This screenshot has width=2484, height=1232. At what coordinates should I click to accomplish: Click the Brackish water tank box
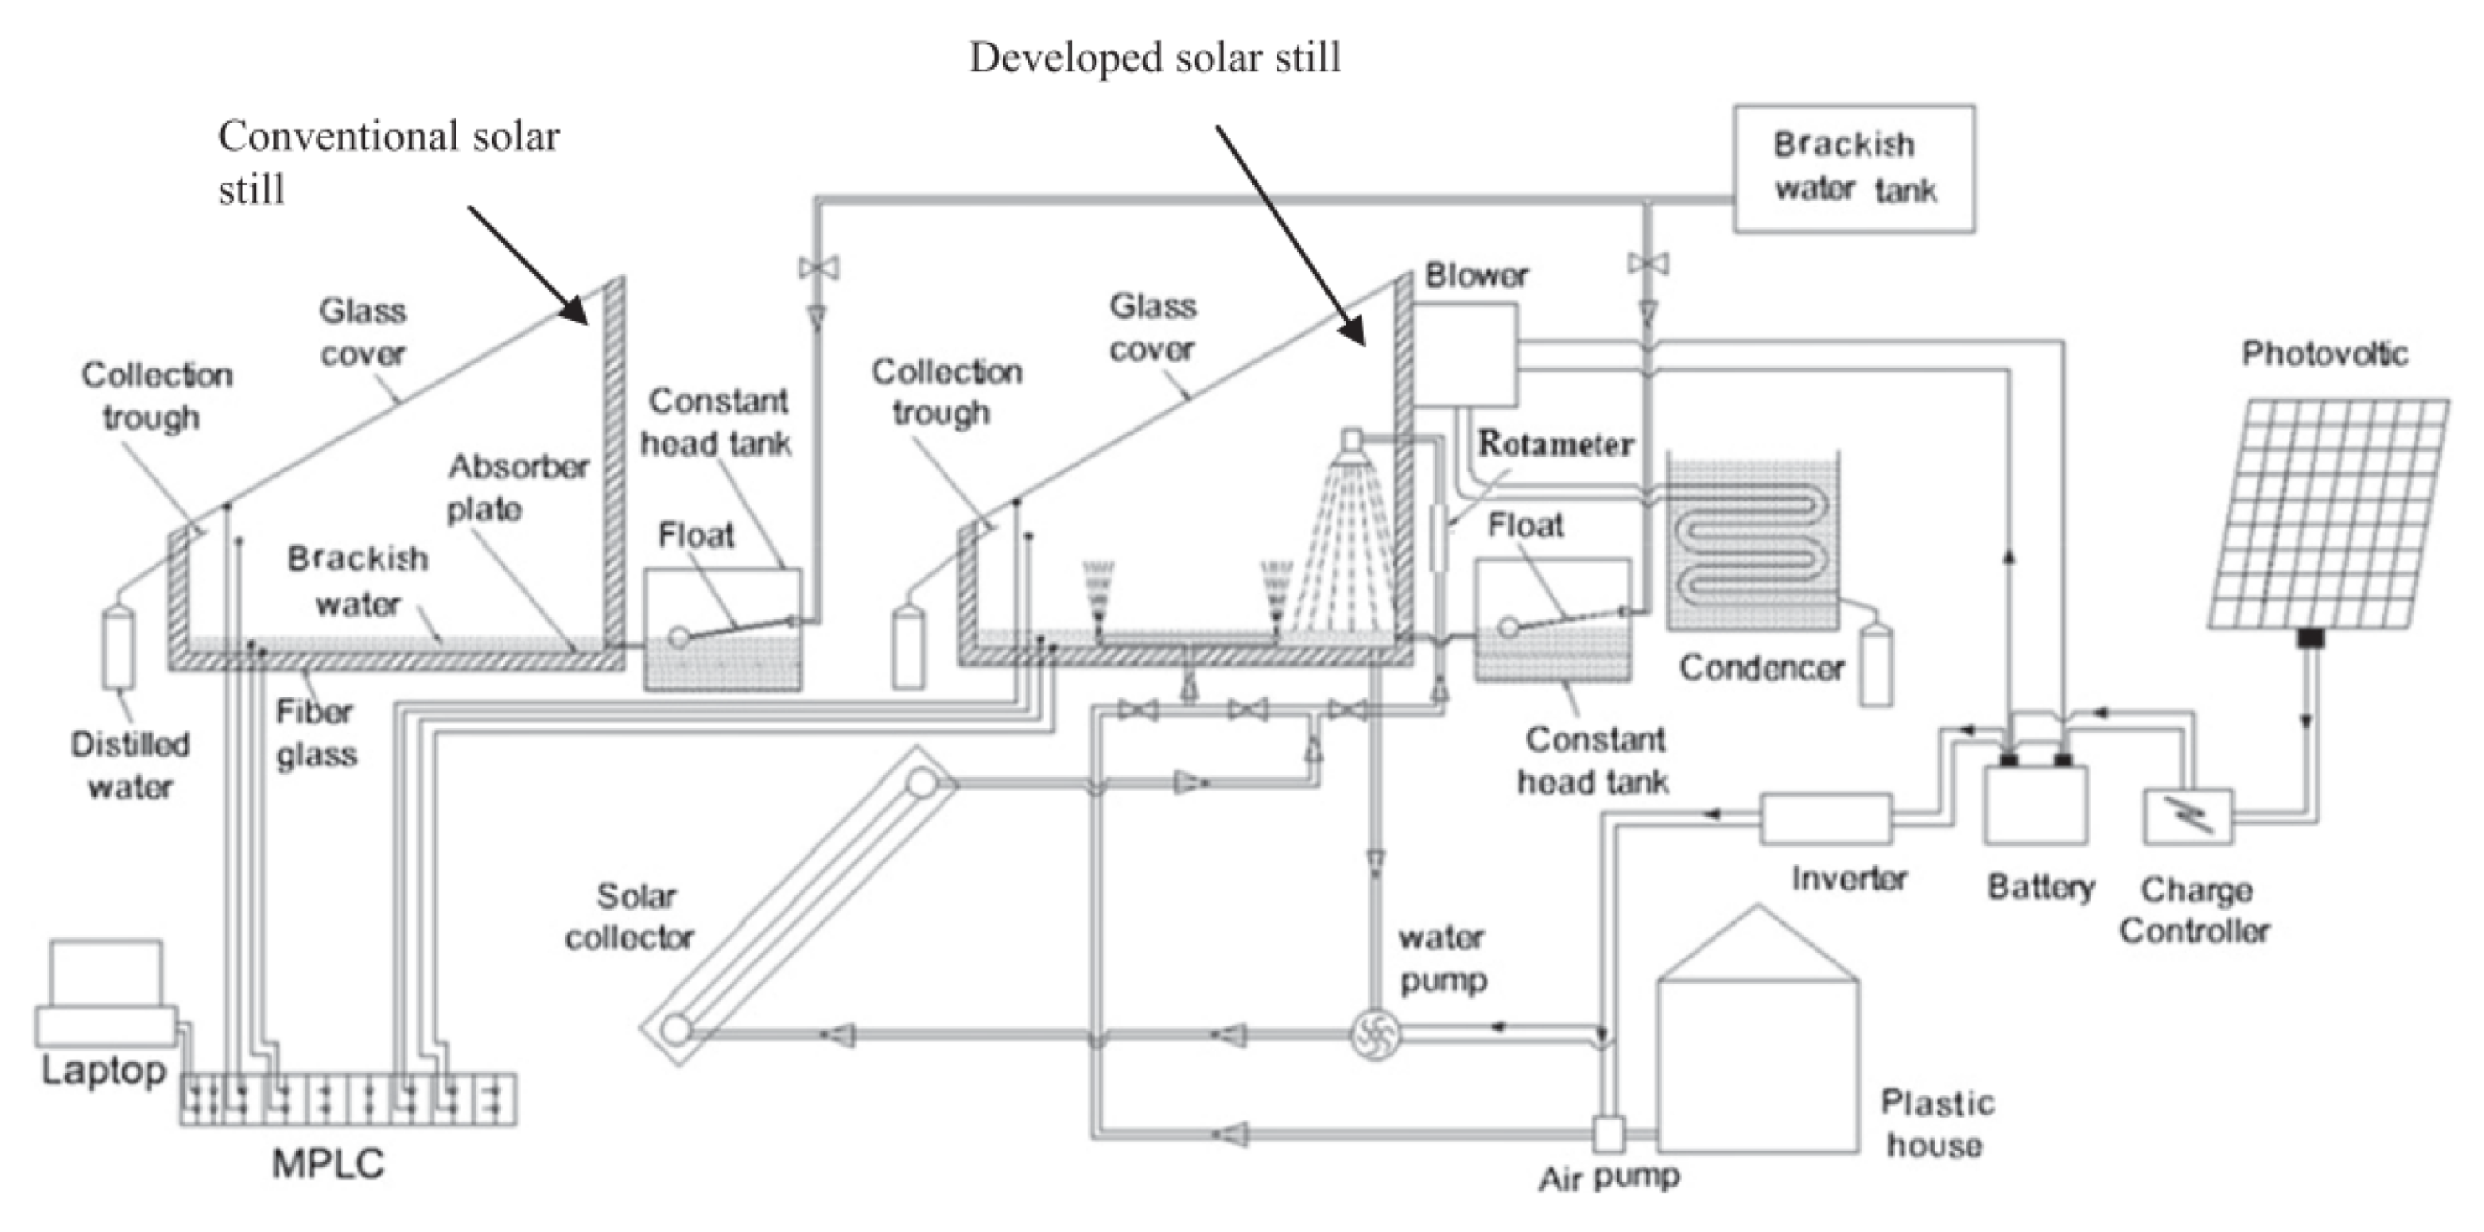pos(1853,169)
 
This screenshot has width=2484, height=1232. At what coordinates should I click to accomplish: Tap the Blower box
pos(1466,354)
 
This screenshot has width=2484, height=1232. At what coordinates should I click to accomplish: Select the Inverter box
pos(1825,819)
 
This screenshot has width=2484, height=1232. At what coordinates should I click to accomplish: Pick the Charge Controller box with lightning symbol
pos(2188,817)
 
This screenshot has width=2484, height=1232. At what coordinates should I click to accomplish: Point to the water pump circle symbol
pos(1372,1035)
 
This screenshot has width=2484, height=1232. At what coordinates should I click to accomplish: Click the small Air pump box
pos(1607,1134)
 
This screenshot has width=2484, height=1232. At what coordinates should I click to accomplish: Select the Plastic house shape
pos(1757,1052)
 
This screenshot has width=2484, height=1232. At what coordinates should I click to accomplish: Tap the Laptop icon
pos(106,994)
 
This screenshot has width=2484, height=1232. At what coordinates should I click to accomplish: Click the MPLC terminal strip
pos(348,1100)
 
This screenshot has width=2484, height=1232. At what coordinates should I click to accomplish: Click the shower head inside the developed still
pos(1352,441)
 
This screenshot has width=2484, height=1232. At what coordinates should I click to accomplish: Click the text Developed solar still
pos(1154,58)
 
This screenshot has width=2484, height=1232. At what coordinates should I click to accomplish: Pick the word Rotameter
pos(1555,444)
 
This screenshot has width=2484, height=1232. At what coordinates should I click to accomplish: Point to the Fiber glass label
pos(315,733)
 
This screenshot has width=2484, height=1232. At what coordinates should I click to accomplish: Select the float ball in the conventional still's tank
pos(678,637)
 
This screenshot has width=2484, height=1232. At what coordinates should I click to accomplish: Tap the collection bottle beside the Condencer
pos(1876,666)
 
